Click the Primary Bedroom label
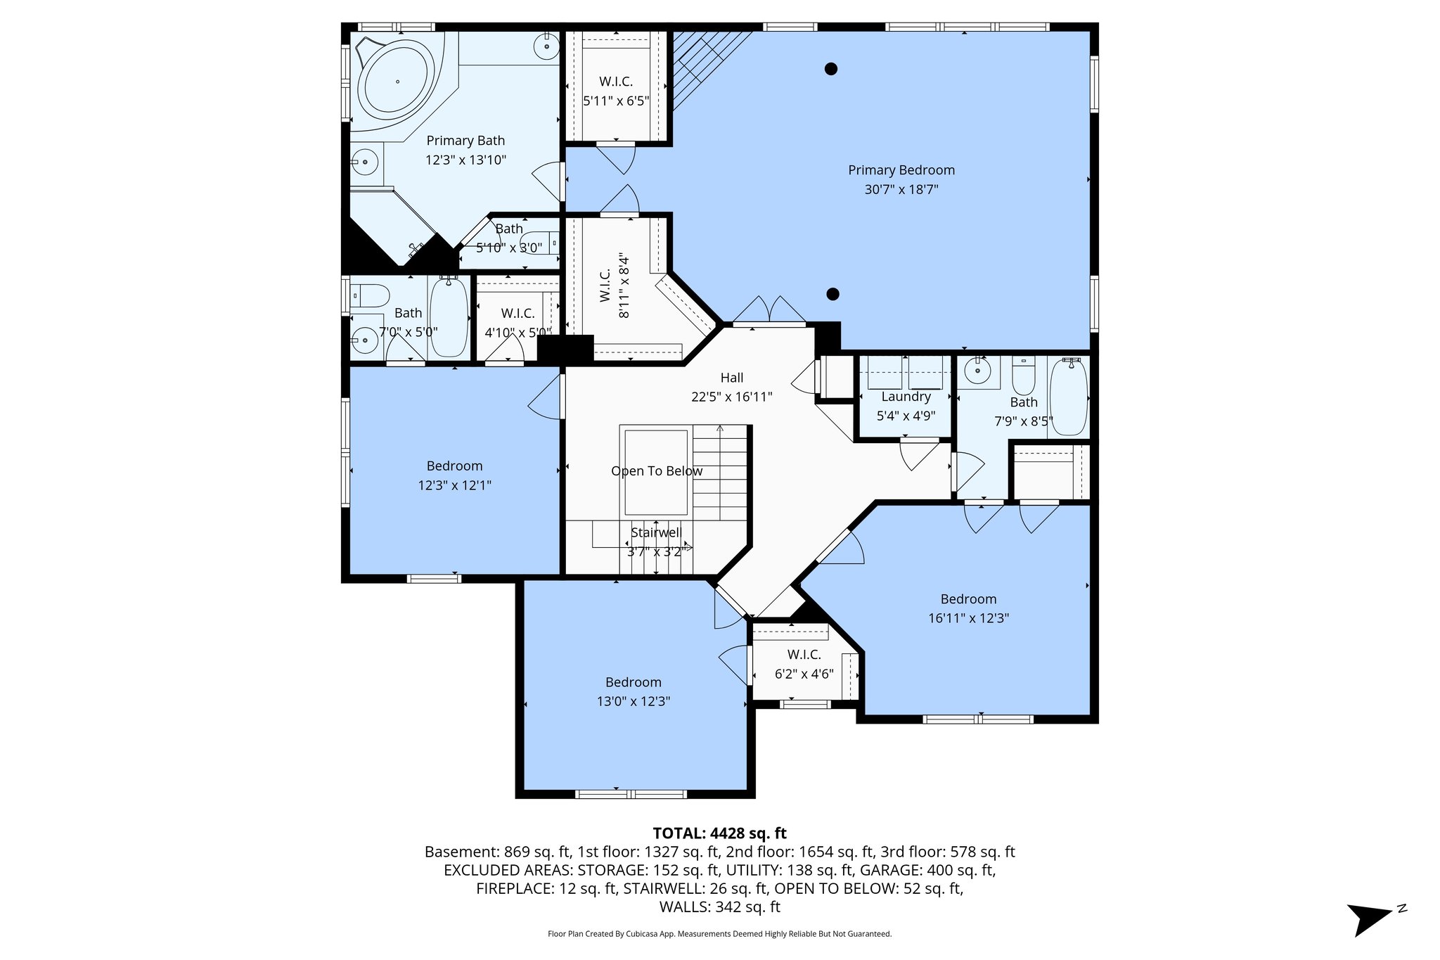(901, 170)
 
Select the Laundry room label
(906, 397)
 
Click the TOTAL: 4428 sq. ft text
(719, 833)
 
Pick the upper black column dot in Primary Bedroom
(831, 69)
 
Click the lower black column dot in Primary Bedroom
(832, 295)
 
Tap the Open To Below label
(656, 471)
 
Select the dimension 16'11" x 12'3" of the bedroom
(968, 618)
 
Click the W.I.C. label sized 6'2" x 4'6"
(804, 655)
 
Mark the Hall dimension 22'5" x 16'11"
(731, 397)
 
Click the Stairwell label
(655, 532)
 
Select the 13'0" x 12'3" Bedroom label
(633, 682)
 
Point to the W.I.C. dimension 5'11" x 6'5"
(616, 101)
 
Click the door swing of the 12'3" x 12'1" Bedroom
(546, 399)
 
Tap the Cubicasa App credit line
(719, 934)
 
